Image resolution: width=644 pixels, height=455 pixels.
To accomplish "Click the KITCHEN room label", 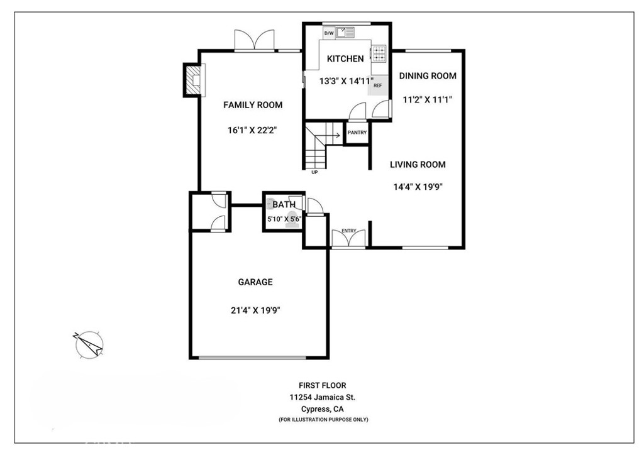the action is click(345, 58).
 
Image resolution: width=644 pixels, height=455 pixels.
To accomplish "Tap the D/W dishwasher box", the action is click(328, 33).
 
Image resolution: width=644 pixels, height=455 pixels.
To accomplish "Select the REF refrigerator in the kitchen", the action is click(378, 85).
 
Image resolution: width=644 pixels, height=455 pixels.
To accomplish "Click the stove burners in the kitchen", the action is click(379, 54).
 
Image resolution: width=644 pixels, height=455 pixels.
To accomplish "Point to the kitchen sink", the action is click(345, 32).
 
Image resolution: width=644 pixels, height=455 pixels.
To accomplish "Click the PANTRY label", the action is click(357, 133).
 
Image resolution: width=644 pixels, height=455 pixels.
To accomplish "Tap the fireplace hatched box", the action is click(193, 80).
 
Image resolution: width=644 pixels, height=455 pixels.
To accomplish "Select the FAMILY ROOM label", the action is click(253, 105).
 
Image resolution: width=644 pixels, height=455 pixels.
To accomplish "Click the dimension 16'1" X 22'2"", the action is click(253, 131).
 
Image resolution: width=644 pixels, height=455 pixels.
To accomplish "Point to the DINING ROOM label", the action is click(428, 76).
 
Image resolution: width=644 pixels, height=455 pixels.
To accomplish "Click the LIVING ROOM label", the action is click(418, 165).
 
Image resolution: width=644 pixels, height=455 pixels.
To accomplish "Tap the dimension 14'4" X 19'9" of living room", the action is click(418, 187).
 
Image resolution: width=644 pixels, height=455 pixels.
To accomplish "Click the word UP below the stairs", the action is click(314, 172).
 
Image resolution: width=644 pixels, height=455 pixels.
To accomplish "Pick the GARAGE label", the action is click(255, 282).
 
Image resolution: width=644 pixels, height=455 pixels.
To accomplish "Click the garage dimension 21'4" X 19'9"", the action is click(255, 310).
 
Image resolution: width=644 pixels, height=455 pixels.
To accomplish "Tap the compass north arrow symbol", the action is click(89, 344).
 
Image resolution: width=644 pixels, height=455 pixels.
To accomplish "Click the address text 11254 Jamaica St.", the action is click(323, 397).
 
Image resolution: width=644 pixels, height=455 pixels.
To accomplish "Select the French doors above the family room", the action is click(254, 40).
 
